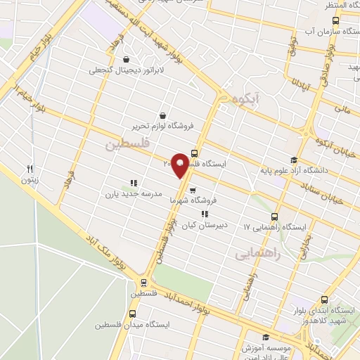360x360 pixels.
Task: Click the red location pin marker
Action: pos(180,165)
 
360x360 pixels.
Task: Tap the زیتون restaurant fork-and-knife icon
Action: pos(30,169)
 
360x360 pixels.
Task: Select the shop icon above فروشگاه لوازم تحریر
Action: pos(163,115)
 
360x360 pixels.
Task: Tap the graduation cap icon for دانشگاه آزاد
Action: pos(293,159)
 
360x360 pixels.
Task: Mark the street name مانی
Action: pos(342,110)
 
